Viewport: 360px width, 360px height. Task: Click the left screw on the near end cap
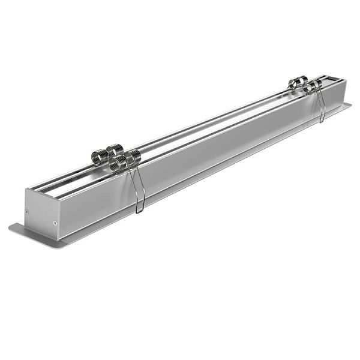point(28,211)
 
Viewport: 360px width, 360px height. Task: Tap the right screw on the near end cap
point(55,223)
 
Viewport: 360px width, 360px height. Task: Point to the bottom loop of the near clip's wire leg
point(139,211)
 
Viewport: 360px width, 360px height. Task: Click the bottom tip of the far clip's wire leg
point(322,121)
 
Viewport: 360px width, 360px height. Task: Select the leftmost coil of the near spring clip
point(97,158)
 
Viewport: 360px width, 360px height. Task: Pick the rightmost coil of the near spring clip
point(135,156)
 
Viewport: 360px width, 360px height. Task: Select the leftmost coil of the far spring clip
point(293,83)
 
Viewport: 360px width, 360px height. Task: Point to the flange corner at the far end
point(350,104)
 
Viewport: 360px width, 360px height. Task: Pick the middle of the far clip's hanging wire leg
point(320,106)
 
